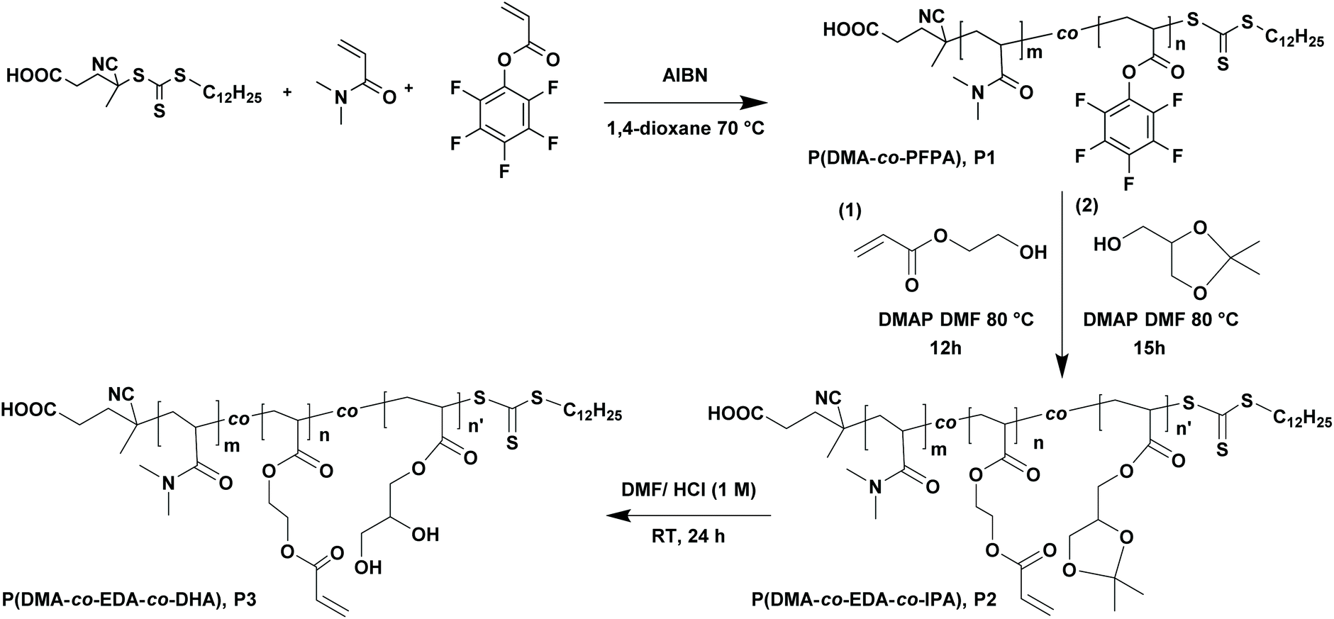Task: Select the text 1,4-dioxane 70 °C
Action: (x=684, y=130)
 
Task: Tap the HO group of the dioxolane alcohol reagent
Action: (x=1108, y=245)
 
